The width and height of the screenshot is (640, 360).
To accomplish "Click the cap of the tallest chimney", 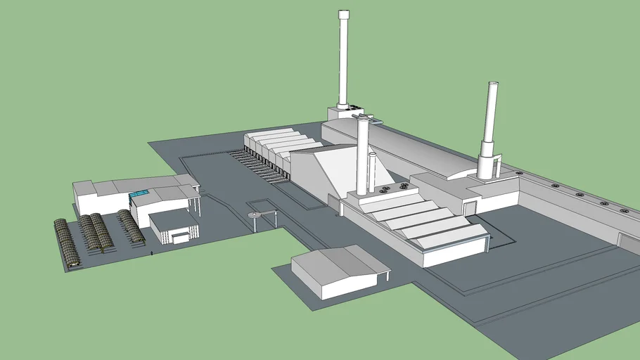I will coord(343,14).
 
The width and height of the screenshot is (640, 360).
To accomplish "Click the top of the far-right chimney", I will coord(492,86).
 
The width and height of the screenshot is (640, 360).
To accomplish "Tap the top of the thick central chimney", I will coord(363,120).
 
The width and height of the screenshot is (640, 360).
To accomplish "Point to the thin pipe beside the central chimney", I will coord(371,172).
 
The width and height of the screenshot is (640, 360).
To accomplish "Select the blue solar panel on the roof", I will coord(139,193).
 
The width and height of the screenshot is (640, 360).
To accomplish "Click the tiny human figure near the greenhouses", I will coord(152,252).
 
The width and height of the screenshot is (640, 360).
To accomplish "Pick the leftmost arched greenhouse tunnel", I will coord(68,243).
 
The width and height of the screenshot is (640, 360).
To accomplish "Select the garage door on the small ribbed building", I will coord(181,238).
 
